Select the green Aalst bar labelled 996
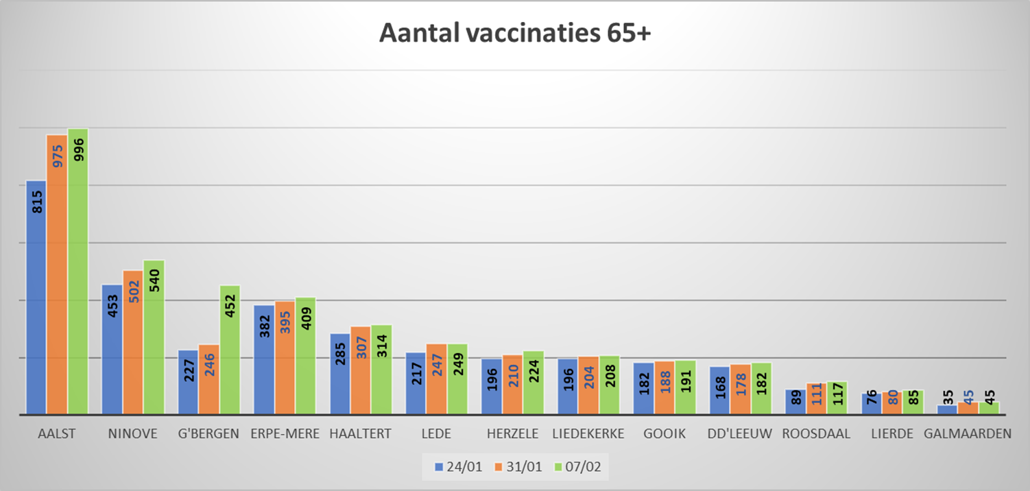(77, 274)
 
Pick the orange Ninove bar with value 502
(133, 343)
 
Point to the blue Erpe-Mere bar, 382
(263, 360)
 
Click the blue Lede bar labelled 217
(416, 384)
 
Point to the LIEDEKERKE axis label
(588, 433)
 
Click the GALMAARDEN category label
(968, 433)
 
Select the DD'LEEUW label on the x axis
(741, 433)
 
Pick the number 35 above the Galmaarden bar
(947, 396)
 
